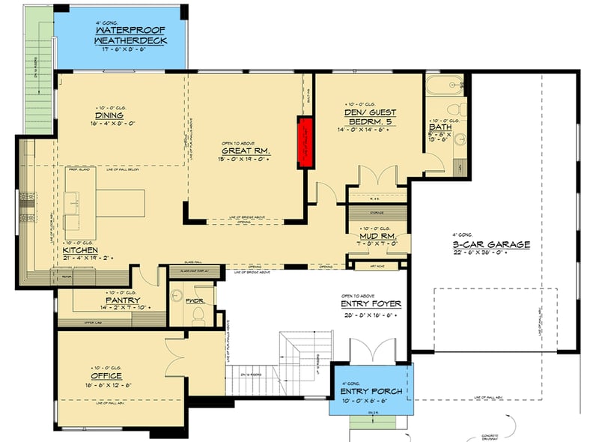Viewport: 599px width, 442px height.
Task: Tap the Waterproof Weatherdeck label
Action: point(130,35)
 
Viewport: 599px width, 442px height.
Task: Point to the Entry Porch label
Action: point(371,391)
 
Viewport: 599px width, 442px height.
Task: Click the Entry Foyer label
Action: point(371,304)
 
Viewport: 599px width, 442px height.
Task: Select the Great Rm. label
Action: point(245,151)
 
